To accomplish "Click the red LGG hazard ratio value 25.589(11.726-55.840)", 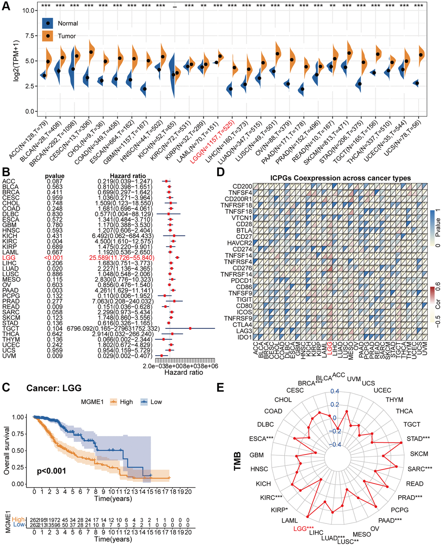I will click(124, 258).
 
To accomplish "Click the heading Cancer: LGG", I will click(54, 388).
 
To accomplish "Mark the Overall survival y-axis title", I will click(7, 450).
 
